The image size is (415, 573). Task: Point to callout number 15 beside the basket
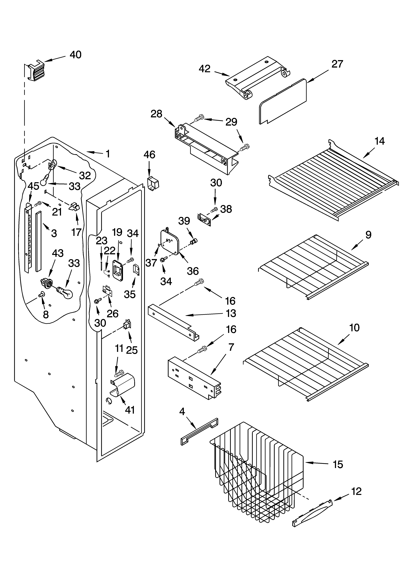(338, 464)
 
